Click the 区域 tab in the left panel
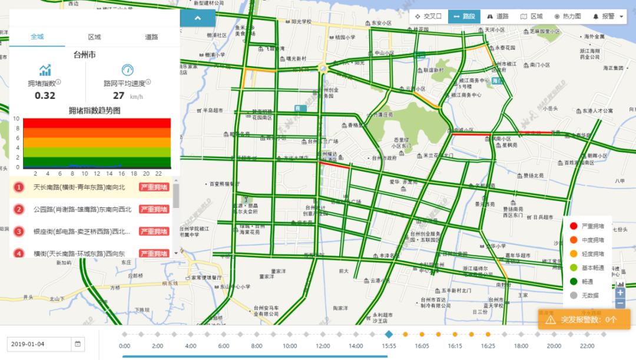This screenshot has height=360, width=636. point(94,37)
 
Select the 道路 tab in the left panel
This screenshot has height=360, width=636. point(151,37)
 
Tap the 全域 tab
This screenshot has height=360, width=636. point(37,37)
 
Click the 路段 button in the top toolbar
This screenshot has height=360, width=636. point(464,16)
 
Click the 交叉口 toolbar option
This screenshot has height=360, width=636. point(428,16)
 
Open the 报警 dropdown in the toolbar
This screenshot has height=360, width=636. point(608,16)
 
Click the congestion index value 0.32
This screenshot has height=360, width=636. point(45,95)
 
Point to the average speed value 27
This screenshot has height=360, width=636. point(119,95)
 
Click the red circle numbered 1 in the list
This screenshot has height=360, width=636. point(19,187)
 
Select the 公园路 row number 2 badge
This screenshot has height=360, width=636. point(19,209)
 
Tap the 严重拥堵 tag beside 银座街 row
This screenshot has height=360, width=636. point(154,232)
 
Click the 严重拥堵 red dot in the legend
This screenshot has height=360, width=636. point(574,226)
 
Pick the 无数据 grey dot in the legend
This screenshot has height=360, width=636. point(574,295)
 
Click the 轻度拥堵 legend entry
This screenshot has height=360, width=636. point(589,253)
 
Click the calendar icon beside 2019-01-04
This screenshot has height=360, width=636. point(78,344)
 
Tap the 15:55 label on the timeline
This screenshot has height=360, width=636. point(388,346)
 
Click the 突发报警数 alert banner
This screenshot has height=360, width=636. point(584,319)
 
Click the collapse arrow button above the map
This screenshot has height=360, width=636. point(197,18)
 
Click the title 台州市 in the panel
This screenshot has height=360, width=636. point(85,55)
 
